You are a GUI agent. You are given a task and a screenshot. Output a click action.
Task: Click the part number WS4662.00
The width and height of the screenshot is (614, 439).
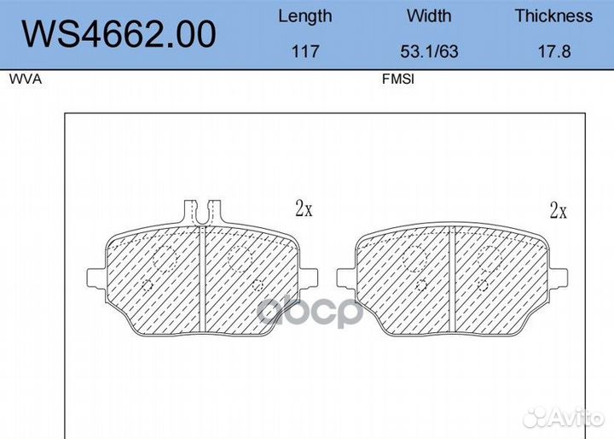[x=119, y=34]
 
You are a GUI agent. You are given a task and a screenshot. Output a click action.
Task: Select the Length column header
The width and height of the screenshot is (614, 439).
[x=305, y=16]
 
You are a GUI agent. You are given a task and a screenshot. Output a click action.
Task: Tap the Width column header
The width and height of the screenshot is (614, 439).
[x=429, y=15]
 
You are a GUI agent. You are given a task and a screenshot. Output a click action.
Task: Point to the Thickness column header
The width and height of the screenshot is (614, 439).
[x=553, y=15]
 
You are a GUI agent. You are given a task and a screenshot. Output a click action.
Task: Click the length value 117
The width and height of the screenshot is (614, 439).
[x=305, y=51]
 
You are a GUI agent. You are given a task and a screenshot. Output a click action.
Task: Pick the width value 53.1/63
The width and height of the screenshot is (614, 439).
[x=429, y=51]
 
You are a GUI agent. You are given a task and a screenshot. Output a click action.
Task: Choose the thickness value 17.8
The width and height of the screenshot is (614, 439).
[x=554, y=51]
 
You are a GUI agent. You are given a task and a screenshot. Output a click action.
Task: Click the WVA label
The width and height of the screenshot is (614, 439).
[x=26, y=79]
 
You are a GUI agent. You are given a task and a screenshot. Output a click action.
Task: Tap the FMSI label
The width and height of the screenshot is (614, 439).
[x=398, y=79]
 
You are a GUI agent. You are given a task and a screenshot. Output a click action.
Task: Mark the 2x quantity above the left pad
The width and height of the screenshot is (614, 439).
[x=304, y=208]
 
